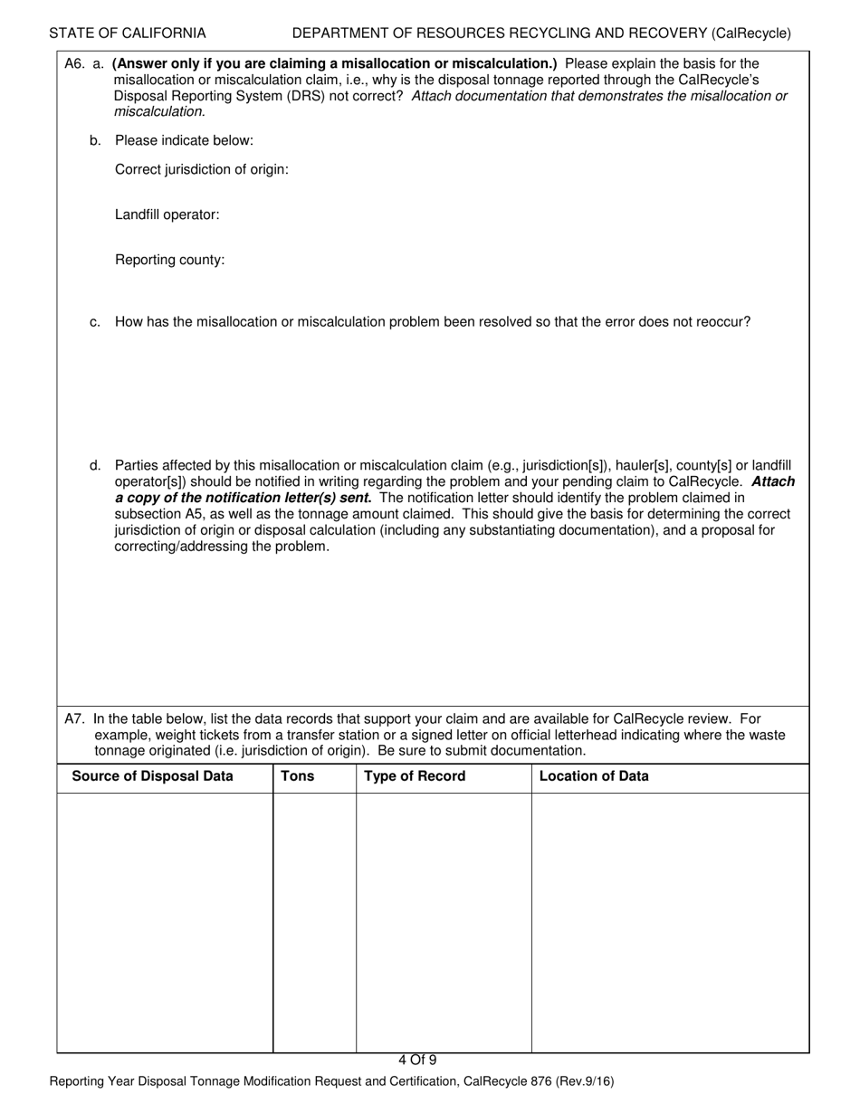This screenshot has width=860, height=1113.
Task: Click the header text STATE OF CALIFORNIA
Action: tap(128, 33)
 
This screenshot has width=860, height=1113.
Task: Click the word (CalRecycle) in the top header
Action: tap(750, 33)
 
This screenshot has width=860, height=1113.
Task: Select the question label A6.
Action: tap(74, 63)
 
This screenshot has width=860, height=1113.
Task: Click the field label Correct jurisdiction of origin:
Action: tap(202, 170)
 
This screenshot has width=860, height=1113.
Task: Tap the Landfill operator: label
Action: tap(167, 215)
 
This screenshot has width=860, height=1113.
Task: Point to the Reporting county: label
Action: tap(170, 261)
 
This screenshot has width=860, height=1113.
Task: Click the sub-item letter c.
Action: tap(95, 322)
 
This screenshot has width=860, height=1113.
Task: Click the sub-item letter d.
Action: tap(95, 466)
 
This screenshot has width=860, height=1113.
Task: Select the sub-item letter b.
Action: tap(95, 141)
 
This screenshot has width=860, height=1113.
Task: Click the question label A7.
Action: tap(74, 719)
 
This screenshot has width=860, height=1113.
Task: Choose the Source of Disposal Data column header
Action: tap(152, 776)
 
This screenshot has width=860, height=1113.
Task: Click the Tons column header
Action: tap(298, 776)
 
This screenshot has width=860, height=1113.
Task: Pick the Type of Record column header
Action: tap(415, 776)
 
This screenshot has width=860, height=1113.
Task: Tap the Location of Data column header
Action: tap(594, 776)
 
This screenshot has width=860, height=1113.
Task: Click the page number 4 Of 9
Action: tap(417, 1061)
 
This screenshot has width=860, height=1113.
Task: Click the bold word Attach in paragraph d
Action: tap(773, 482)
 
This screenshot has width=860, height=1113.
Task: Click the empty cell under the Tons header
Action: tap(314, 923)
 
